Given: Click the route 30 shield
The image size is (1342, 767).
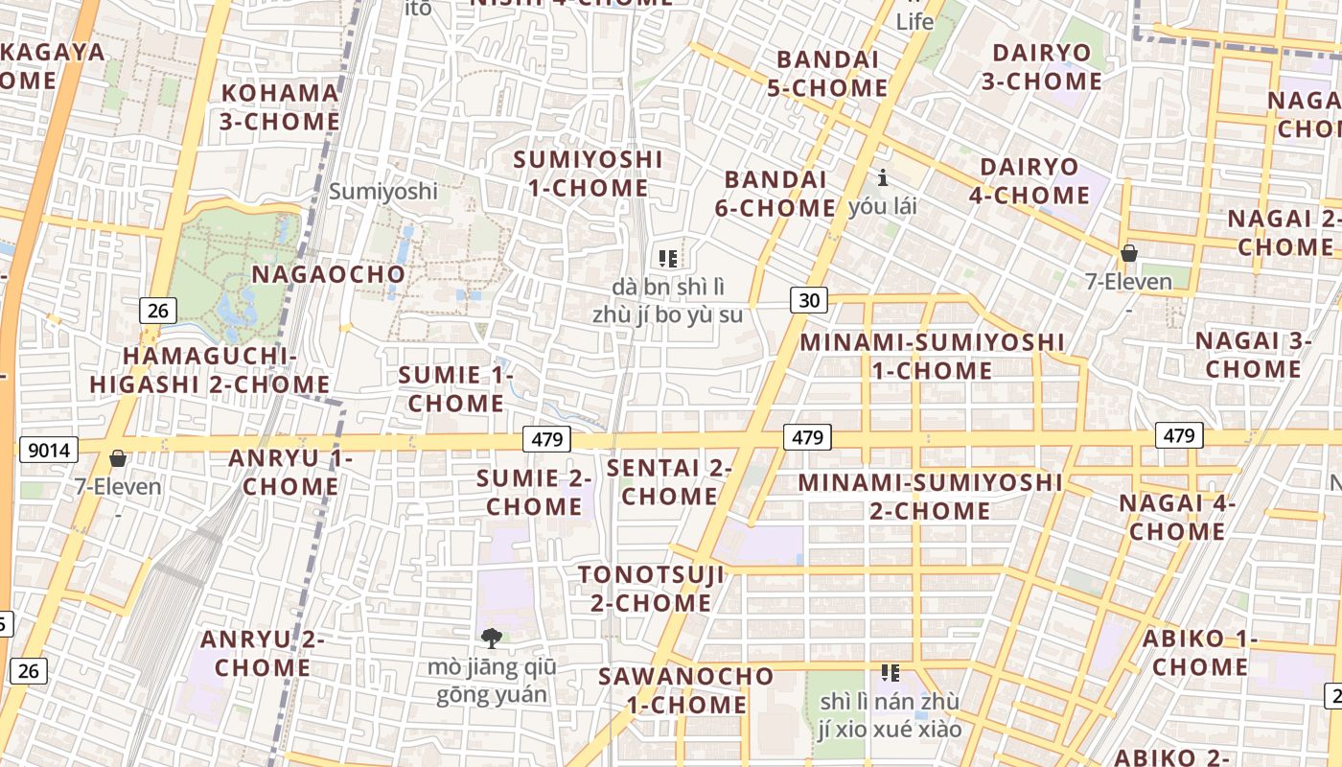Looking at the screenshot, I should tap(809, 300).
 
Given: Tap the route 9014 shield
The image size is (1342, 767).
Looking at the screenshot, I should tap(49, 450).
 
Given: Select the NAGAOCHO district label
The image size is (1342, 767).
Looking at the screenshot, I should tap(329, 274).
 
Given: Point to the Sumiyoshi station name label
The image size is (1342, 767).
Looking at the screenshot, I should tap(383, 191).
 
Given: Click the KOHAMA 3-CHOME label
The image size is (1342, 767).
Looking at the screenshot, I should tap(280, 107).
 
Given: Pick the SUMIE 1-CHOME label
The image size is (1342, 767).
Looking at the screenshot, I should tap(455, 388).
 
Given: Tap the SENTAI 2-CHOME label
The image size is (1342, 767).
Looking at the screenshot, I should tap(669, 482).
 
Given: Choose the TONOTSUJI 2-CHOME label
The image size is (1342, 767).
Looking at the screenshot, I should tap(651, 589).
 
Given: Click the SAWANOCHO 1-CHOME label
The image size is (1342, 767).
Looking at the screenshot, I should tap(685, 690).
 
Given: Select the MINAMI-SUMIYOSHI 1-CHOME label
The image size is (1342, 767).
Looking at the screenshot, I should tap(932, 356).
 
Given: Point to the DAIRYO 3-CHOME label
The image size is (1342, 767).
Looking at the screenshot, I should tap(1042, 66).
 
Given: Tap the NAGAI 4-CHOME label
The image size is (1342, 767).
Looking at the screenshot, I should tap(1176, 517).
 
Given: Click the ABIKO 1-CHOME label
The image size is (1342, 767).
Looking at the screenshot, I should tap(1199, 652).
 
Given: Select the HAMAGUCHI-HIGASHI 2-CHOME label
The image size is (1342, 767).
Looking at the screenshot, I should tap(210, 370).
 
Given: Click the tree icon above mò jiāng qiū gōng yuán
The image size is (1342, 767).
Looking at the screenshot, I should tap(492, 638).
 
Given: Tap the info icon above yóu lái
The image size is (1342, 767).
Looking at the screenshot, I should tap(883, 177).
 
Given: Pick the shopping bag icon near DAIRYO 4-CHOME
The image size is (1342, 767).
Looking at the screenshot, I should tap(1129, 253).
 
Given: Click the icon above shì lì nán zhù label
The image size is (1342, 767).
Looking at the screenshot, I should tap(891, 673).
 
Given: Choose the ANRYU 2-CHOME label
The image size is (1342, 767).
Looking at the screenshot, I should tap(263, 653).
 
